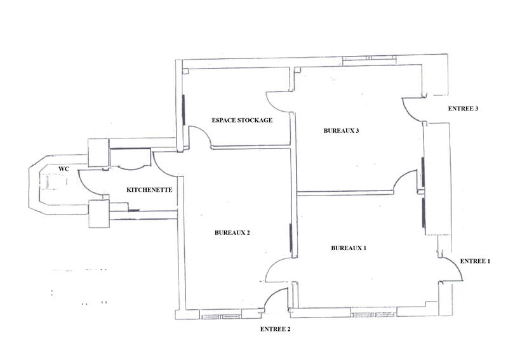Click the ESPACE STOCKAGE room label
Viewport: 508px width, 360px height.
242,121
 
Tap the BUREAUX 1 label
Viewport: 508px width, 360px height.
349,248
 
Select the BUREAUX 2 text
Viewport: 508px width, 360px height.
232,232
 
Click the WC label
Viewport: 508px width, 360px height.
63,169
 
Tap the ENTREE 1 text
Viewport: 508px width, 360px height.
475,261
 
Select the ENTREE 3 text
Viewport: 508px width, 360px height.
463,109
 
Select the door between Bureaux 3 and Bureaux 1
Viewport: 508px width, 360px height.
404,182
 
